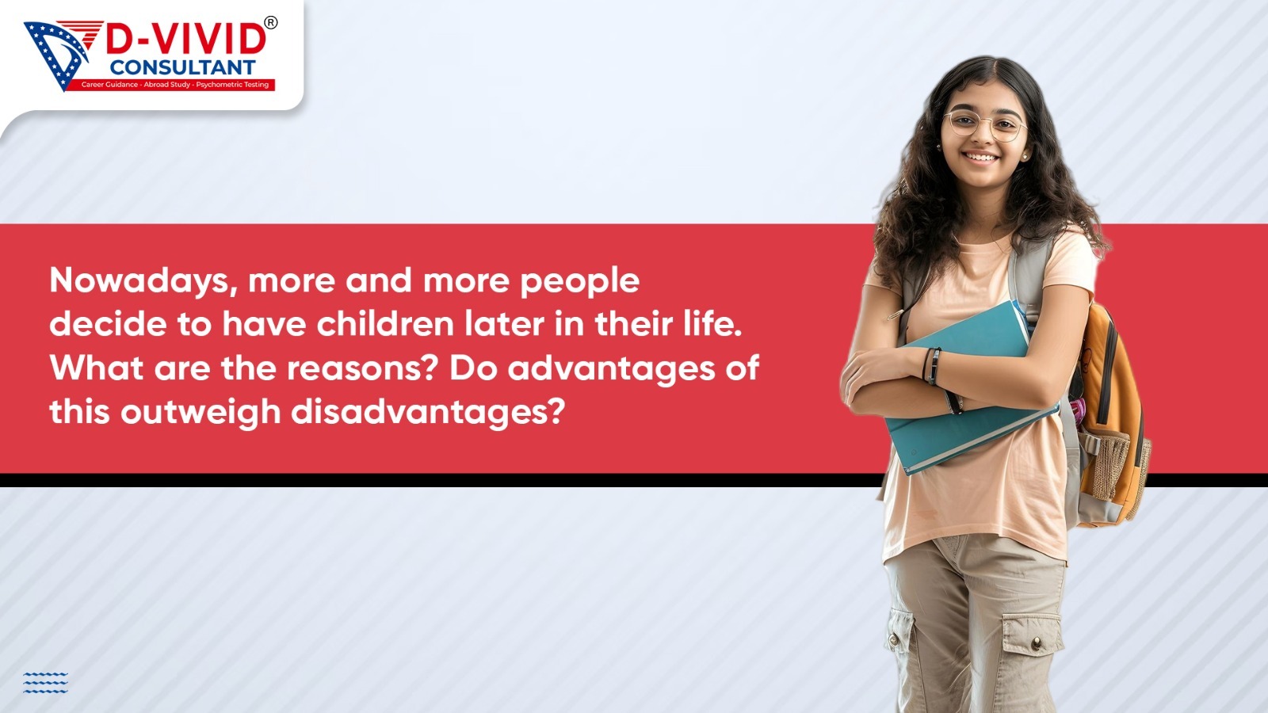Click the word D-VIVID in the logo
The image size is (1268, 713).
[185, 40]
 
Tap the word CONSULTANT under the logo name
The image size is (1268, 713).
[182, 67]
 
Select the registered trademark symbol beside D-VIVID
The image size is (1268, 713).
[271, 23]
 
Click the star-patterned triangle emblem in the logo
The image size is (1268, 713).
[56, 55]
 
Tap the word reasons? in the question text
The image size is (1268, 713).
[364, 368]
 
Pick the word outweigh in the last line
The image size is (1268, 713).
[201, 413]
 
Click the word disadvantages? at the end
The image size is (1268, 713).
[428, 413]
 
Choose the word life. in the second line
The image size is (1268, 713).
[714, 324]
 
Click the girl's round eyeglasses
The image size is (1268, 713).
[985, 125]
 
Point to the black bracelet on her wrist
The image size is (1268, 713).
[932, 366]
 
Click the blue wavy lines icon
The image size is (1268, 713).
[45, 682]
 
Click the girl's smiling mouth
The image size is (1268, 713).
[982, 157]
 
